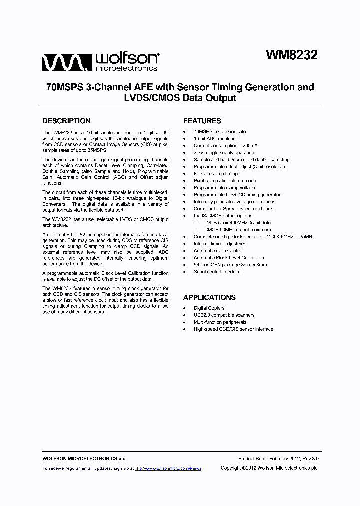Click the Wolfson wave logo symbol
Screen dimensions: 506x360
[x=65, y=63]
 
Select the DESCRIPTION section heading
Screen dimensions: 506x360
[x=66, y=121]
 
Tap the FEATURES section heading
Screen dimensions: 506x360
[x=202, y=121]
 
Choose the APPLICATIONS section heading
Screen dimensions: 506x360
[x=209, y=297]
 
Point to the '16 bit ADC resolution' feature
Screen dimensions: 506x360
[x=216, y=139]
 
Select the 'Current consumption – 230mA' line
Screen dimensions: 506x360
[x=226, y=146]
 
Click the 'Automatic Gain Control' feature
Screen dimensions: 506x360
[x=218, y=251]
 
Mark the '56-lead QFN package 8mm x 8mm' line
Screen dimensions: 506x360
[x=230, y=265]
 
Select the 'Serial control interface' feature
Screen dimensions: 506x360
[x=217, y=272]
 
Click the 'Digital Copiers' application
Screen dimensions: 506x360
[x=209, y=308]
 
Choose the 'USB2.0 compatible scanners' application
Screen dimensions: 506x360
[x=224, y=315]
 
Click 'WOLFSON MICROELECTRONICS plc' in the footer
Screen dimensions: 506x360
[x=83, y=458]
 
